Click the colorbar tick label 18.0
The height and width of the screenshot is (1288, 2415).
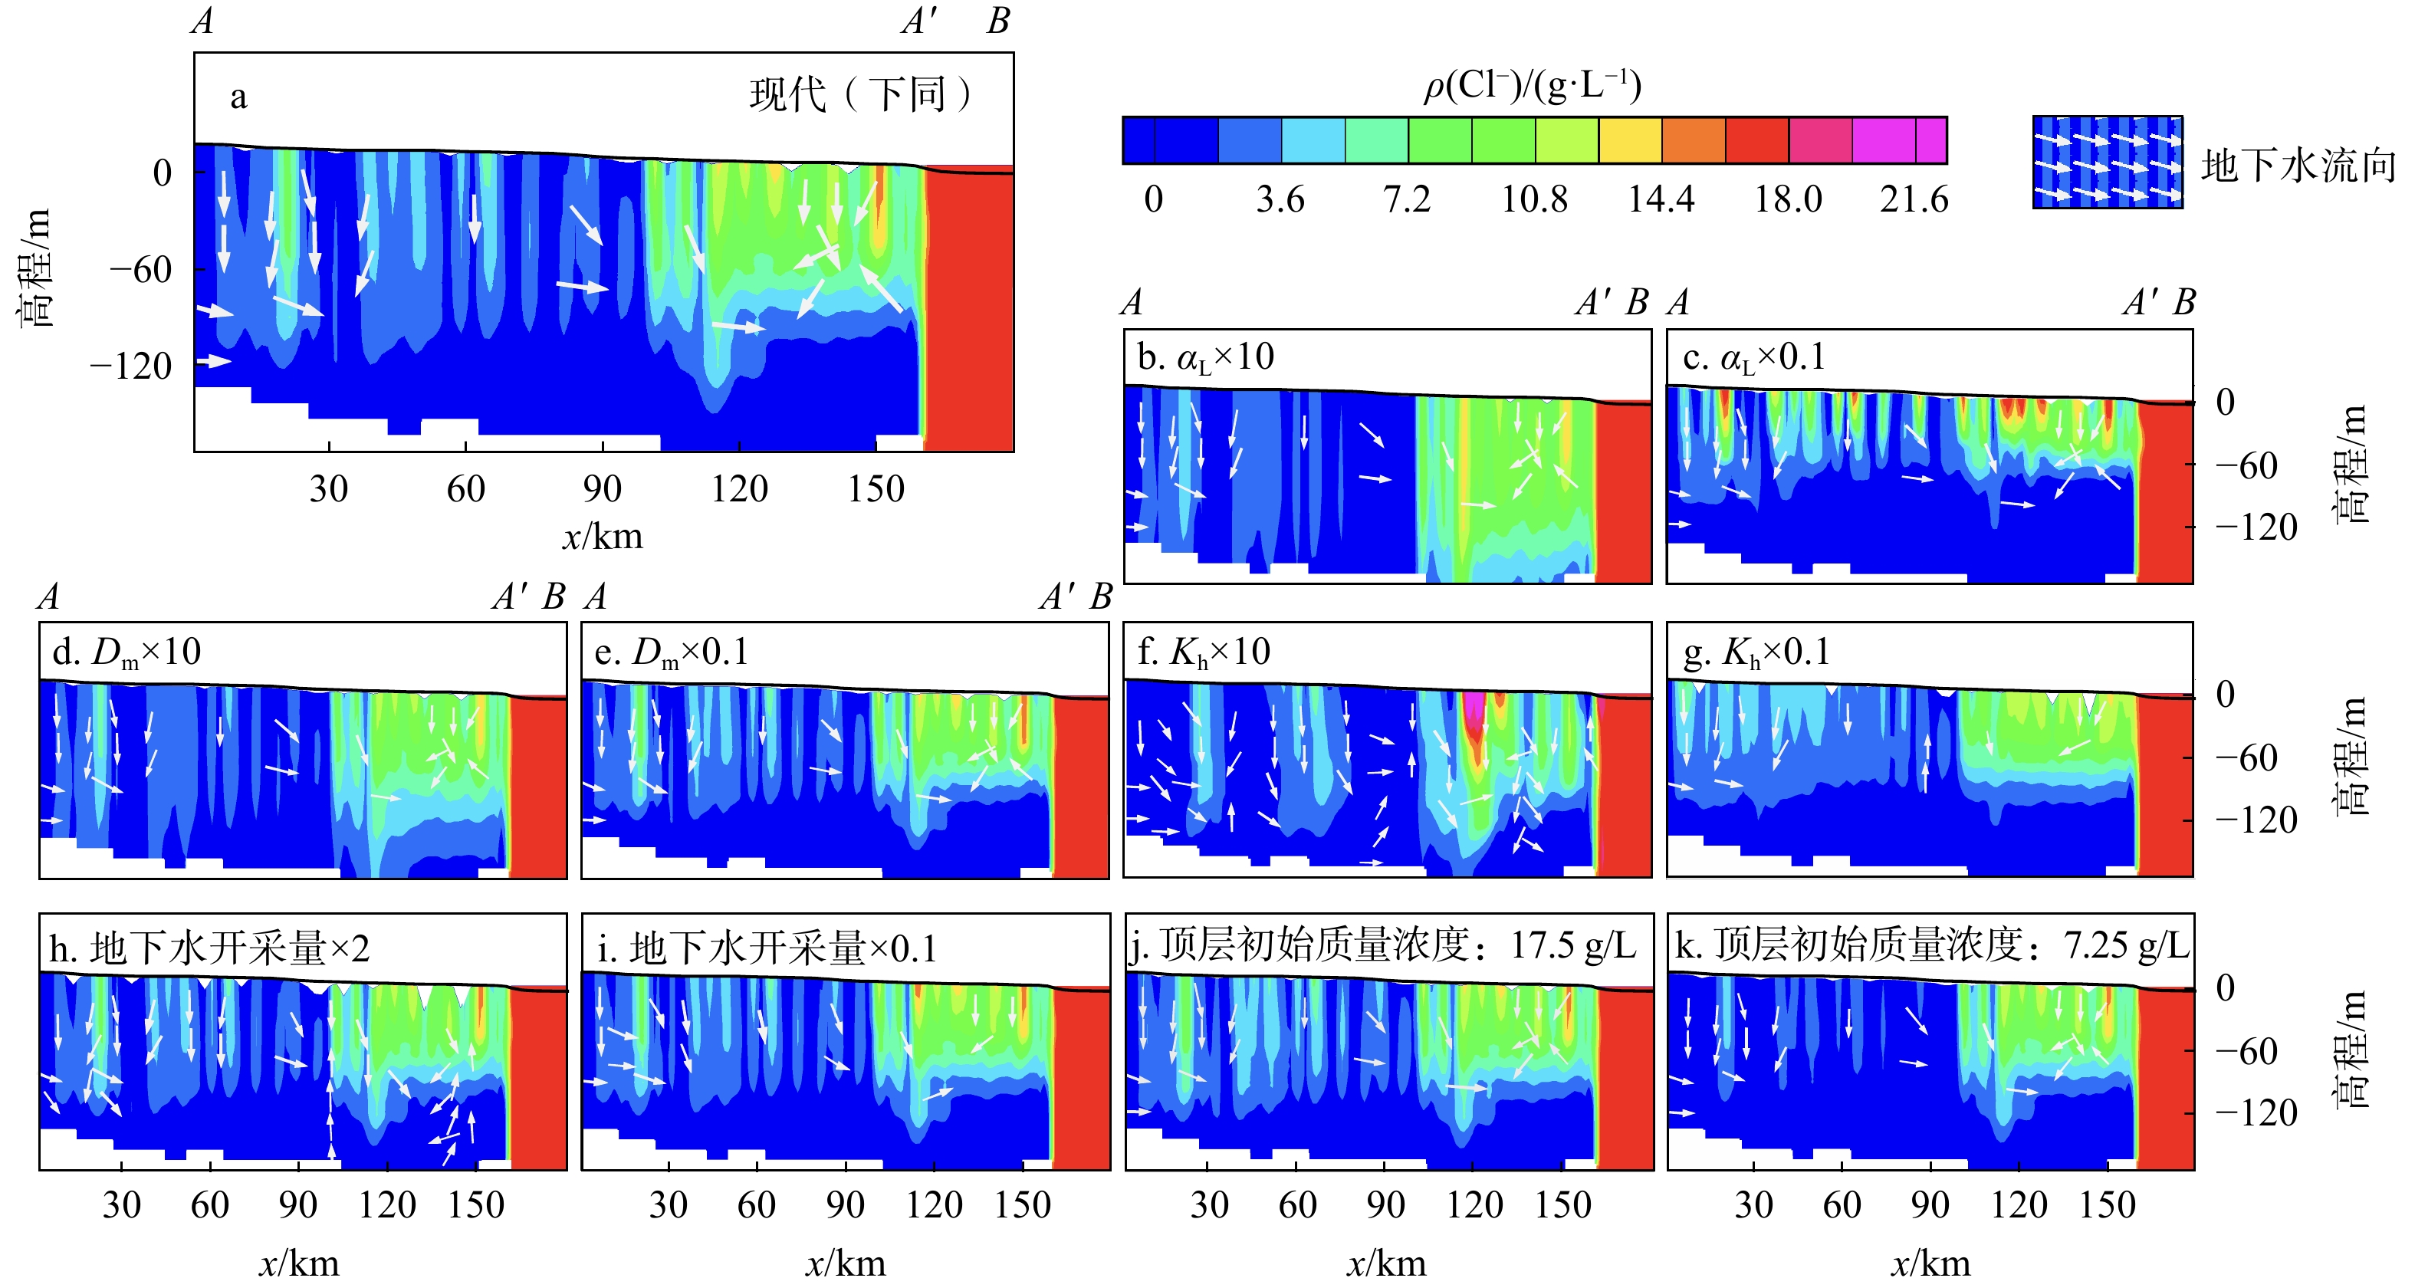click(1787, 199)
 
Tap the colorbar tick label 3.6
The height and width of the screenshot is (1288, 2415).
click(1280, 199)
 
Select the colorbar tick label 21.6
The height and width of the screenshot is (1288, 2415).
click(1914, 199)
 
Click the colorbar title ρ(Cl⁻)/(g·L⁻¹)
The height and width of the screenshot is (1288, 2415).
click(1533, 86)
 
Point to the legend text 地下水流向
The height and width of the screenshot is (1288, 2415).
click(2298, 166)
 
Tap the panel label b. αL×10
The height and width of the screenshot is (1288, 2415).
click(1206, 357)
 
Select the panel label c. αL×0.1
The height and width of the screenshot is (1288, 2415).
click(1754, 357)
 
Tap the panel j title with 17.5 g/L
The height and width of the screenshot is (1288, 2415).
click(1384, 946)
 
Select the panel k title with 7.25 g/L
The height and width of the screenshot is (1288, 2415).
click(1931, 946)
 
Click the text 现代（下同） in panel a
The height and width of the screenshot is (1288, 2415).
click(859, 94)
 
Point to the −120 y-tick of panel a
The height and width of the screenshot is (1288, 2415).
click(131, 366)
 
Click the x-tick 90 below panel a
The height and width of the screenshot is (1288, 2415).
click(601, 488)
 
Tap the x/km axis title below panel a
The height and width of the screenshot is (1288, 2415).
click(602, 536)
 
